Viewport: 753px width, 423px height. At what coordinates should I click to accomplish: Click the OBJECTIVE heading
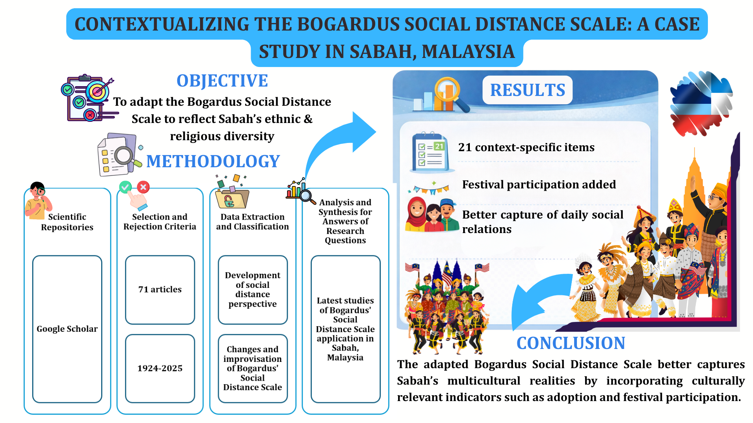pyautogui.click(x=222, y=81)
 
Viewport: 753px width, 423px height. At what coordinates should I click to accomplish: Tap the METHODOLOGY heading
pyautogui.click(x=213, y=161)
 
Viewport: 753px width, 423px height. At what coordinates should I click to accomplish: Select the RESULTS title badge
pyautogui.click(x=527, y=90)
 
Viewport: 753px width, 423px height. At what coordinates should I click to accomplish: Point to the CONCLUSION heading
pyautogui.click(x=571, y=343)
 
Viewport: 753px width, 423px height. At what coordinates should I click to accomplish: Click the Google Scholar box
pyautogui.click(x=67, y=329)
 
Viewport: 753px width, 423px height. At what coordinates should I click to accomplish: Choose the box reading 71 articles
pyautogui.click(x=160, y=290)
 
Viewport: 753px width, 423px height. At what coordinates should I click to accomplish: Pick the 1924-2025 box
pyautogui.click(x=160, y=369)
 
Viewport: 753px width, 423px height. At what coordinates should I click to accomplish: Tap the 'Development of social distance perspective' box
pyautogui.click(x=253, y=290)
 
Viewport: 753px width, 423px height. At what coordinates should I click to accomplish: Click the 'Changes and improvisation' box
pyautogui.click(x=253, y=369)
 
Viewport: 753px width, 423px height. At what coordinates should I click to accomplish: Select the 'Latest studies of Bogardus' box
pyautogui.click(x=346, y=329)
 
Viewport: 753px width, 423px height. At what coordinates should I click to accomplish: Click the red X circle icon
pyautogui.click(x=143, y=187)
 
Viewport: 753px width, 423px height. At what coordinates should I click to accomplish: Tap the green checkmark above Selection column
pyautogui.click(x=125, y=187)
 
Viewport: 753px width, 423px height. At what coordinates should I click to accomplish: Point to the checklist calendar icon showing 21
pyautogui.click(x=430, y=152)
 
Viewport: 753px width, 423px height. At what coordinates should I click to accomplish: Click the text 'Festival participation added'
pyautogui.click(x=539, y=184)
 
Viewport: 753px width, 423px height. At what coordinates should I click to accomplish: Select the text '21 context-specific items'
pyautogui.click(x=526, y=147)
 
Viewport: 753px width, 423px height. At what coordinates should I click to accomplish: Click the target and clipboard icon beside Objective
pyautogui.click(x=89, y=98)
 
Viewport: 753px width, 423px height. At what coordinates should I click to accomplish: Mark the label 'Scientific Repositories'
pyautogui.click(x=67, y=222)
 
